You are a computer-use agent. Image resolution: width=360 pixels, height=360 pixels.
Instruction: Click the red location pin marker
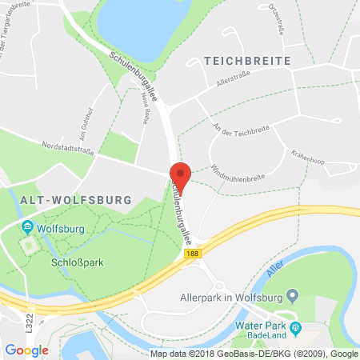tap(181, 177)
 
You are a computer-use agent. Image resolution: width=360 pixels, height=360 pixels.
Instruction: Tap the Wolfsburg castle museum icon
tap(29, 227)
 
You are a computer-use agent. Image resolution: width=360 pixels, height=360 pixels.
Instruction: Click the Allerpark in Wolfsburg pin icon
tap(293, 297)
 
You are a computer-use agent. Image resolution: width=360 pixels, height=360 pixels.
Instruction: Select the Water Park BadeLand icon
tap(295, 327)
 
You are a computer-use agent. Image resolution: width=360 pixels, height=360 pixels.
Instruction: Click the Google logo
tap(26, 350)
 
